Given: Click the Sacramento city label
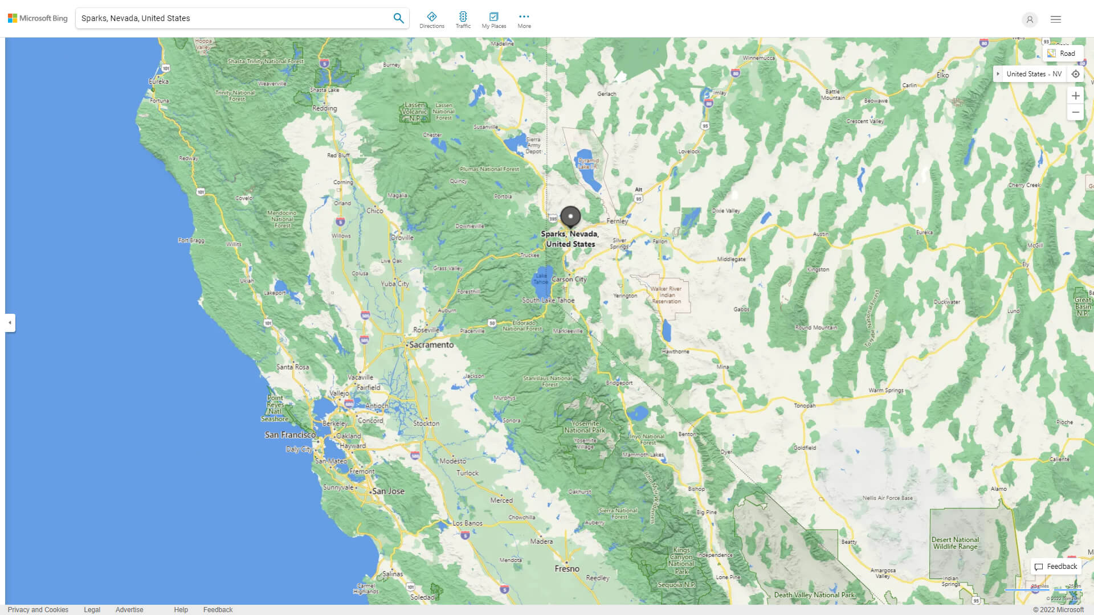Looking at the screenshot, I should [x=431, y=345].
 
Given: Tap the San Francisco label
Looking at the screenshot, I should [x=290, y=434].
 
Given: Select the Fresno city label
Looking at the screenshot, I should [x=567, y=568].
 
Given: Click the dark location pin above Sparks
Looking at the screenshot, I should [x=570, y=217].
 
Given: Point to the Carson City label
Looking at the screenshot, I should [x=569, y=279].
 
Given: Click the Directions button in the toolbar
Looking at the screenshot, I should [x=432, y=19].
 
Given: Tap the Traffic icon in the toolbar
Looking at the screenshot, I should [x=463, y=19].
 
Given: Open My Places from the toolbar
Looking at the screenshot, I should [x=493, y=19].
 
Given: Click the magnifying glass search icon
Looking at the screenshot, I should [x=398, y=18].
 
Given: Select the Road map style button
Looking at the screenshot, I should [x=1062, y=54].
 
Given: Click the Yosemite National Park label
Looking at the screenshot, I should [x=585, y=427].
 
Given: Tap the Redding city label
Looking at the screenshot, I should [x=324, y=108].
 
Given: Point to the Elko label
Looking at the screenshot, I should [x=943, y=75].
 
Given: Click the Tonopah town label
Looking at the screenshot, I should [x=805, y=405].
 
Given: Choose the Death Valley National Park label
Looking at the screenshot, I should [x=814, y=594].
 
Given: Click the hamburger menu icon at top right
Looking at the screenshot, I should [x=1056, y=19].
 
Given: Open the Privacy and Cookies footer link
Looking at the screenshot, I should [x=38, y=609].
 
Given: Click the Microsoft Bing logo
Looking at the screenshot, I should [x=38, y=18].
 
